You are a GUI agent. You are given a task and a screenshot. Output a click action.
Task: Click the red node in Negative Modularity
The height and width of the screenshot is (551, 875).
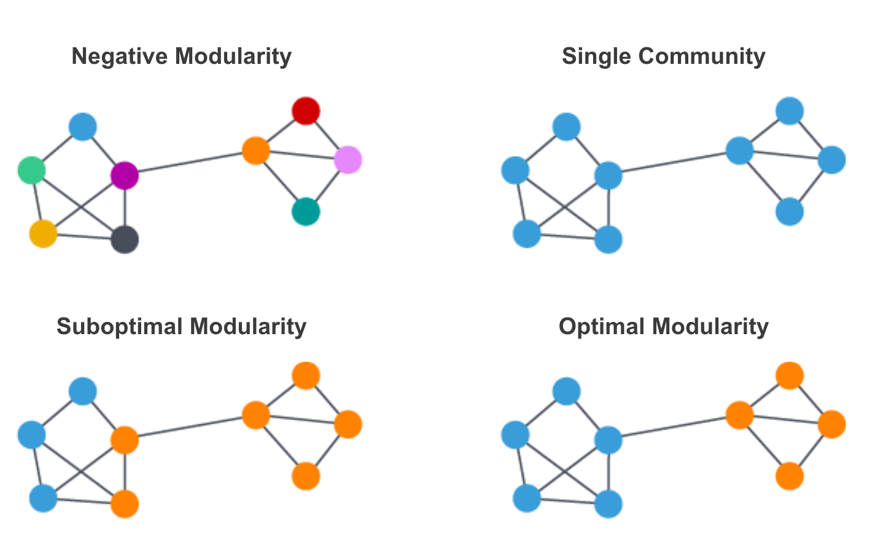coord(306,111)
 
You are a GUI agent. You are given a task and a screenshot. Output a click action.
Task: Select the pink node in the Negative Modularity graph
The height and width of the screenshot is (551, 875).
coord(348,160)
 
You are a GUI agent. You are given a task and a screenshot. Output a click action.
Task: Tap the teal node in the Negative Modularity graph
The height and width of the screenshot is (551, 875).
coord(306,212)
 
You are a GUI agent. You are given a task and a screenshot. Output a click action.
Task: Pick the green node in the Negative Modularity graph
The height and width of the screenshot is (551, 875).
coord(31,170)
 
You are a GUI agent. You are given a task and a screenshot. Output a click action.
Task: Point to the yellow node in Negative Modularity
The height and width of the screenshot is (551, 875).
coord(43,234)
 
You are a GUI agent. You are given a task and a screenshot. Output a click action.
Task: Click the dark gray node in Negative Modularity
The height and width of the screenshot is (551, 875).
coord(125,239)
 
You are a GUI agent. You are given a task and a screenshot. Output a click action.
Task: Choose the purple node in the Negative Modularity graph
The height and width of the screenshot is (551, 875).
coord(125,176)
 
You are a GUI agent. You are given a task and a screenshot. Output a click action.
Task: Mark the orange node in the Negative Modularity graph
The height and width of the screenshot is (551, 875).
coord(256,150)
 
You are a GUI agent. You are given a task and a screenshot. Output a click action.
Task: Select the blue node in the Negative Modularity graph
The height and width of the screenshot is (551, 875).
coord(83,127)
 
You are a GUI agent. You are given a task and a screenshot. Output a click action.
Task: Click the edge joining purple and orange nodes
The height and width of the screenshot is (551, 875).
coord(190,163)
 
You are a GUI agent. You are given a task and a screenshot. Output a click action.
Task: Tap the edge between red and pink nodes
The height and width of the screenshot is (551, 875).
coord(327,136)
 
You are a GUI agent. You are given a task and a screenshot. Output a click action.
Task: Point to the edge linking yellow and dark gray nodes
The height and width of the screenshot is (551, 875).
coord(84,236)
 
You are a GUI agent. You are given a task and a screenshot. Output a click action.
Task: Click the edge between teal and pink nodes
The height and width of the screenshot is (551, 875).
coord(327,186)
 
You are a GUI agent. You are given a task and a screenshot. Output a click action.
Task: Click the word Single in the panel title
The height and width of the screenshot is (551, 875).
coord(596,57)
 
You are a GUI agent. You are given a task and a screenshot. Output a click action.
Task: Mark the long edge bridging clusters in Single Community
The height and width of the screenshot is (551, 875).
coord(674,163)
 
